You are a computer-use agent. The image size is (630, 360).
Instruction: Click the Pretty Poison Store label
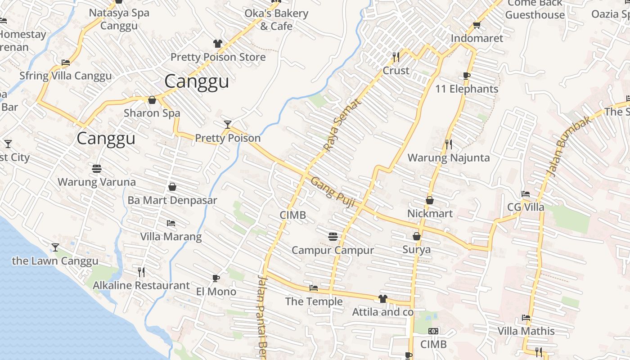point(218,57)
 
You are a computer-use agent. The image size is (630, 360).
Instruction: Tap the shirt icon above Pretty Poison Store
point(218,44)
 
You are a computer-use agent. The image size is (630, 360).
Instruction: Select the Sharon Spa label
point(152,113)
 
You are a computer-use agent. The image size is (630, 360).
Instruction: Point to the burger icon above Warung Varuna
point(97,169)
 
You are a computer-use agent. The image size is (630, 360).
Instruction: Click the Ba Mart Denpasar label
point(172,200)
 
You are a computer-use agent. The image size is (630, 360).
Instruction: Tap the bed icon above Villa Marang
point(171,223)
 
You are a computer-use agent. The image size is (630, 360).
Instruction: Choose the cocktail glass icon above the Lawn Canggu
point(55,247)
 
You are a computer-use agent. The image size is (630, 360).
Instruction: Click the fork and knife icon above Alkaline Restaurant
point(141,272)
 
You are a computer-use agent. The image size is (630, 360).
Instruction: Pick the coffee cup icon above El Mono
point(216,278)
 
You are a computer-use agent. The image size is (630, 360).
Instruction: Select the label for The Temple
point(314,301)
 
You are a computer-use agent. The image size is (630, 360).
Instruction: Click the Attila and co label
point(382,312)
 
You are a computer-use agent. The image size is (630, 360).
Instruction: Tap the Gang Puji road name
point(333,192)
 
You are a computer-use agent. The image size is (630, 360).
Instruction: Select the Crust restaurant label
point(396,71)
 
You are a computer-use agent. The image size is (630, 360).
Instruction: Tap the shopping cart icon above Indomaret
point(477,25)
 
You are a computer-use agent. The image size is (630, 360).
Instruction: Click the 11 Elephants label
point(467,89)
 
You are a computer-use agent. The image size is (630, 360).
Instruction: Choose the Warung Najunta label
point(449,157)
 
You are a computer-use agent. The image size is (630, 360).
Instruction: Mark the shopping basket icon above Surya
point(417,236)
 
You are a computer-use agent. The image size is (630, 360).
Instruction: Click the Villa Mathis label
point(526,331)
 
